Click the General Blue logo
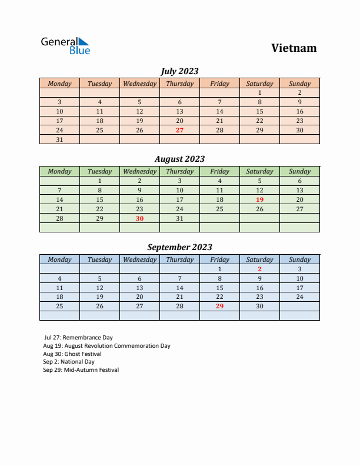(65, 46)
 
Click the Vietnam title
(294, 48)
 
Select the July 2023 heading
(179, 71)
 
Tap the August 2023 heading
(179, 159)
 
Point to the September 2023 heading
(179, 247)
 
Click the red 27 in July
(179, 130)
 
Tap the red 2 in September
(259, 269)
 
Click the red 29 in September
(219, 307)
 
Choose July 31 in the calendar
(59, 139)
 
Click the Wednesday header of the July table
(139, 84)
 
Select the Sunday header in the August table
(299, 171)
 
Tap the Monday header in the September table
(59, 259)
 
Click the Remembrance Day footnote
(78, 337)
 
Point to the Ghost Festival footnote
(72, 354)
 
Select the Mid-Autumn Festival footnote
(81, 370)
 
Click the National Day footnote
(69, 362)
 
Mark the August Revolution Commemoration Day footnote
(106, 345)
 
